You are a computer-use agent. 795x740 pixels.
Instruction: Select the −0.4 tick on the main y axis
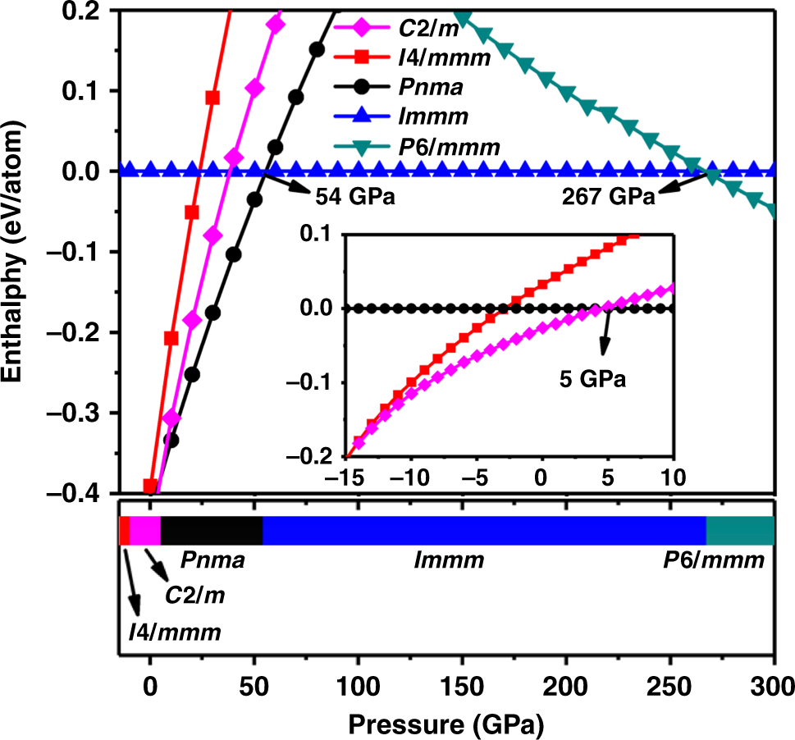tap(79, 493)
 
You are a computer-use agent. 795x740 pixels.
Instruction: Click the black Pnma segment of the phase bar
tap(212, 531)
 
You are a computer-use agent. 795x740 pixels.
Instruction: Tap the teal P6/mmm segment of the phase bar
tap(740, 531)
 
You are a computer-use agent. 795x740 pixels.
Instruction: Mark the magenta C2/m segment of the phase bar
tap(145, 531)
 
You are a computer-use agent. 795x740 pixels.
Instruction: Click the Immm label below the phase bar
tap(449, 562)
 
